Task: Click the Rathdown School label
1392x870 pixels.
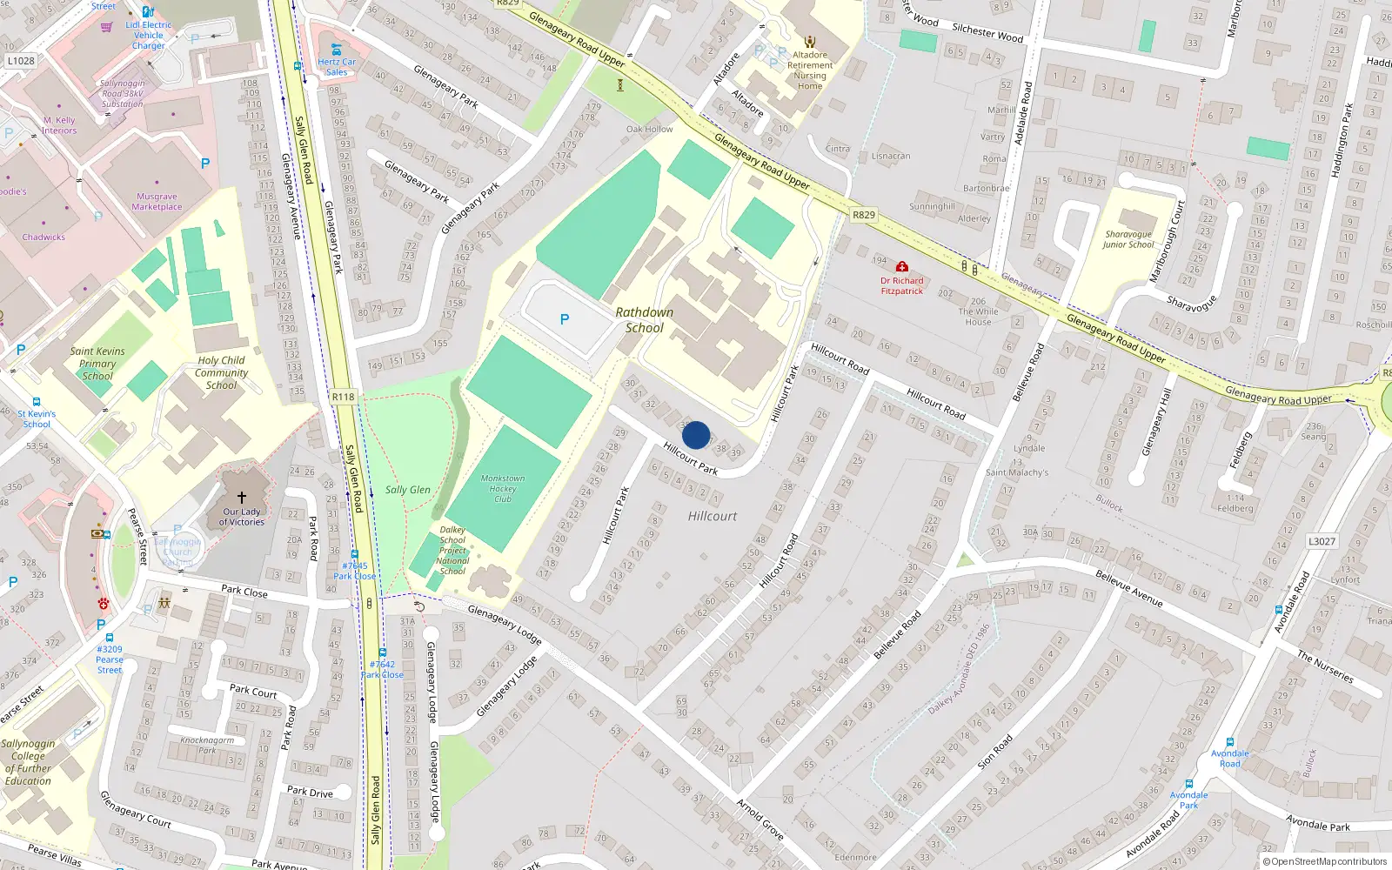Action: coord(644,320)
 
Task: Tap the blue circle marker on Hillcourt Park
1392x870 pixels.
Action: coord(696,435)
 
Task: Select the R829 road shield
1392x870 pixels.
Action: coord(863,215)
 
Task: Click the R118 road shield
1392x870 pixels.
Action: coord(343,397)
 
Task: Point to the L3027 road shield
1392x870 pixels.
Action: coord(1322,541)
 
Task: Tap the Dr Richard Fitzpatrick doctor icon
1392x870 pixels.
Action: coord(902,267)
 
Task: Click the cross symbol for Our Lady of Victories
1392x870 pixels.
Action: coord(242,498)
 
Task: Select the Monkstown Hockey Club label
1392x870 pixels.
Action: coord(503,488)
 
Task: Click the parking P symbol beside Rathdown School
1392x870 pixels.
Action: coord(565,319)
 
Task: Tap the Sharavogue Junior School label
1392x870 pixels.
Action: coord(1128,239)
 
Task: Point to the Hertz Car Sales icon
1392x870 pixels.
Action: coord(337,49)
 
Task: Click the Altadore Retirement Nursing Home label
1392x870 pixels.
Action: coord(810,70)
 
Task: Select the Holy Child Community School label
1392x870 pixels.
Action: coord(221,372)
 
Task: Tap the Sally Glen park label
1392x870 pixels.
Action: coord(407,490)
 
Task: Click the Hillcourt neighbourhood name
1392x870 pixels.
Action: coord(712,516)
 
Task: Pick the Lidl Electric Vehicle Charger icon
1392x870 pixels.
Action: coord(148,12)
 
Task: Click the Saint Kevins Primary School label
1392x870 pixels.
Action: coord(97,364)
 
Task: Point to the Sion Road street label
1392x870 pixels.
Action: coord(994,752)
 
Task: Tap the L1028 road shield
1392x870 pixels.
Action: coord(21,61)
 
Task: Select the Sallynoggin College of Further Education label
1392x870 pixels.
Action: coord(28,762)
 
